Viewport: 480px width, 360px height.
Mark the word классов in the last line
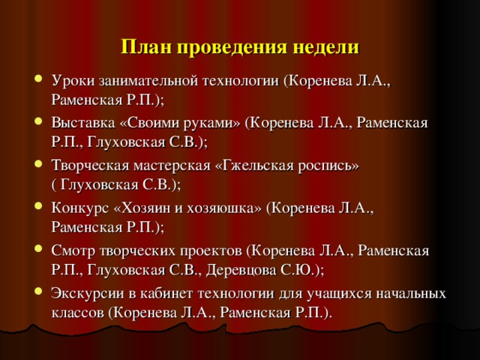[77, 310]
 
